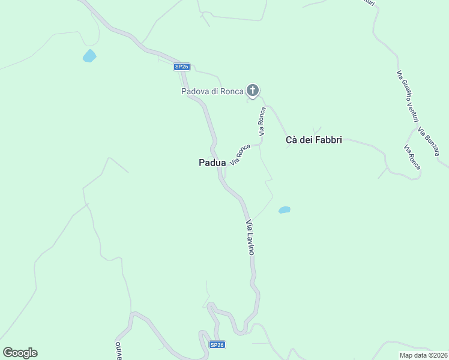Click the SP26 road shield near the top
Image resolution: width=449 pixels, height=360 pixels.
tap(182, 67)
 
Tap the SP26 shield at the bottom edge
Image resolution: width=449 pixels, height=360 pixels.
tap(217, 345)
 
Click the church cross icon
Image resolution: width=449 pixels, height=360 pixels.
tap(253, 91)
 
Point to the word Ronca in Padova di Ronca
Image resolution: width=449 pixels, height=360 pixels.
tap(232, 91)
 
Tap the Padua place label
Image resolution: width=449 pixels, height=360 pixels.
tap(212, 163)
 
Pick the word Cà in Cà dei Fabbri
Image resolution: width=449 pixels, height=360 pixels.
tap(291, 140)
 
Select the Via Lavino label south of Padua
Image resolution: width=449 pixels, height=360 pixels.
tap(250, 238)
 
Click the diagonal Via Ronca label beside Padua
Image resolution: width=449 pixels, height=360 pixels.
tap(240, 154)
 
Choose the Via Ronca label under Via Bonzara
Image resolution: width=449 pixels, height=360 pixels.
tap(412, 157)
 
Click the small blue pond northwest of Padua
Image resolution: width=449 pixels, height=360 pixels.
tap(89, 56)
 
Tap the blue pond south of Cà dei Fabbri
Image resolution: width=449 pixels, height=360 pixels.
tap(285, 210)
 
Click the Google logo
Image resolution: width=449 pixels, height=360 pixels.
tap(20, 353)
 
